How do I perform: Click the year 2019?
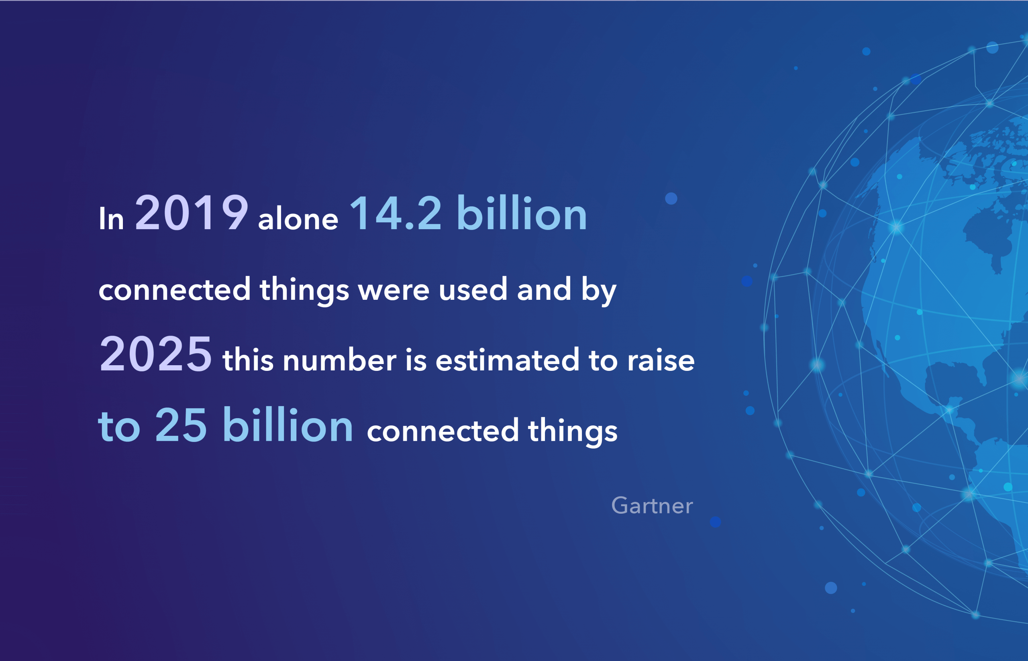coord(192,212)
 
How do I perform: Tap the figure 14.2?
coord(396,213)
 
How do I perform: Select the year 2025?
coord(155,354)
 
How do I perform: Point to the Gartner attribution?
coord(652,505)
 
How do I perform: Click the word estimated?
coord(507,359)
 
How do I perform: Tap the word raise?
coord(661,360)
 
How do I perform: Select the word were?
coord(394,291)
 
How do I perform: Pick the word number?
coord(339,359)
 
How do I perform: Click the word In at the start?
coord(111,218)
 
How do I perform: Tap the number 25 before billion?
coord(181,425)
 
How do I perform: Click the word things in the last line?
coord(573,431)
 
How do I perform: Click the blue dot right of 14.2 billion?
coord(671,199)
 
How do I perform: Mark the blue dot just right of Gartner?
coord(716,522)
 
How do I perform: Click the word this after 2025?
coord(248,359)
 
